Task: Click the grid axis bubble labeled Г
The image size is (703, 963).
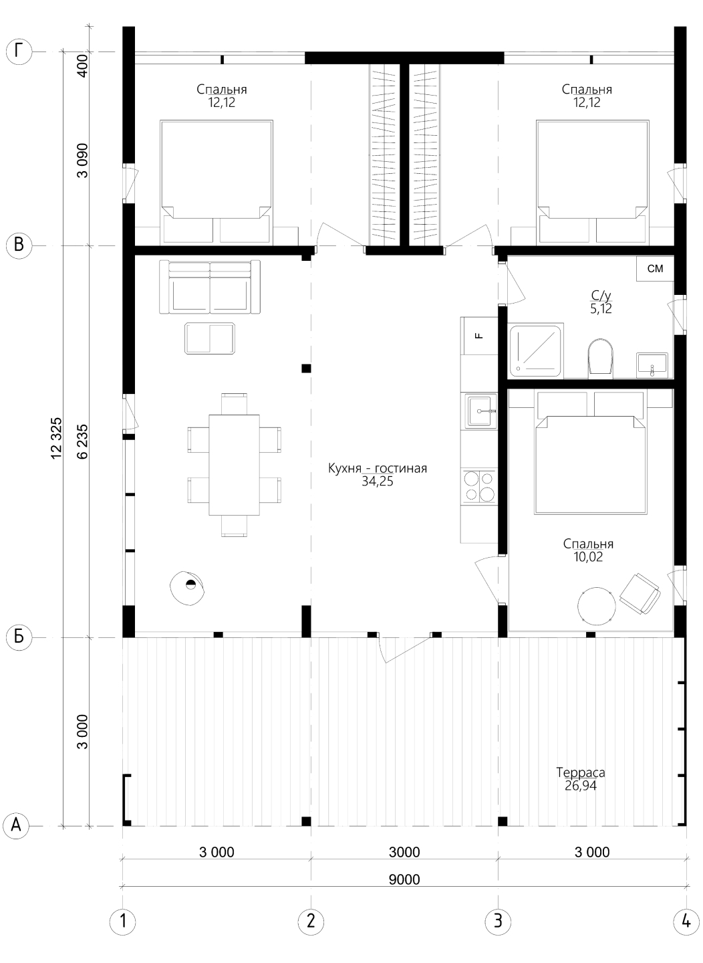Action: pos(19,52)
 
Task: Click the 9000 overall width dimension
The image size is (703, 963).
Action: pos(404,879)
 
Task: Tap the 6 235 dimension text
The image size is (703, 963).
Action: pos(82,441)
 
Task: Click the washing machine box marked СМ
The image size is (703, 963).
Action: pos(655,269)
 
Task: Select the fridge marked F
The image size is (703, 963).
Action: pos(479,336)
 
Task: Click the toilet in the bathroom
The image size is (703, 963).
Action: pos(600,358)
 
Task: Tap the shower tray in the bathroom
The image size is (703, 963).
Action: pos(537,352)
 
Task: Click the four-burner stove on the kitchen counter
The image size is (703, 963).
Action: pos(480,486)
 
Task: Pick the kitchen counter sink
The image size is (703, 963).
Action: pos(480,411)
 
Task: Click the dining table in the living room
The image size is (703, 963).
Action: pos(234,465)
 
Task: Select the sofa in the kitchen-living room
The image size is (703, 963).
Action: pos(210,286)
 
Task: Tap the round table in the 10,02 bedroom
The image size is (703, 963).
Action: pos(596,606)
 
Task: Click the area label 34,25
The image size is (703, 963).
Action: pos(378,482)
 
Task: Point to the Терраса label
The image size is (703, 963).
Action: pos(581,772)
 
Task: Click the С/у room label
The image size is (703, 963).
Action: pos(601,296)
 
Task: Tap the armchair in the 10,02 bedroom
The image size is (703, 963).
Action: pos(640,594)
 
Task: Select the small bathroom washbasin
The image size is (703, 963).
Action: pos(652,365)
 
